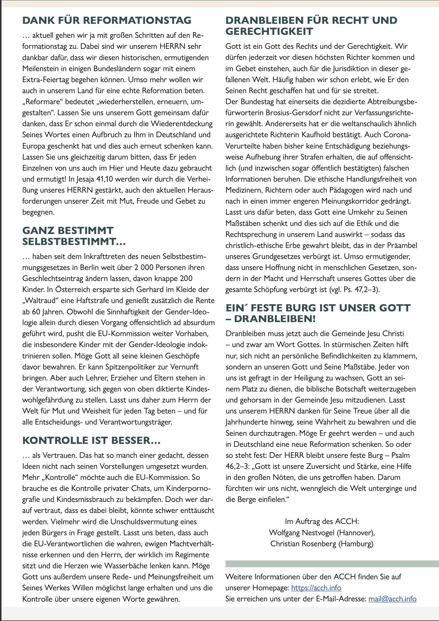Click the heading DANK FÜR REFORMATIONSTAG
(107, 20)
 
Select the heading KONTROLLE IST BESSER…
(91, 440)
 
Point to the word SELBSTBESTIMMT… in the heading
(74, 241)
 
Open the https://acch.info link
(316, 588)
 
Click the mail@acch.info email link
(392, 599)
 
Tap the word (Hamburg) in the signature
(356, 544)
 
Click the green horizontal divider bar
(332, 564)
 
